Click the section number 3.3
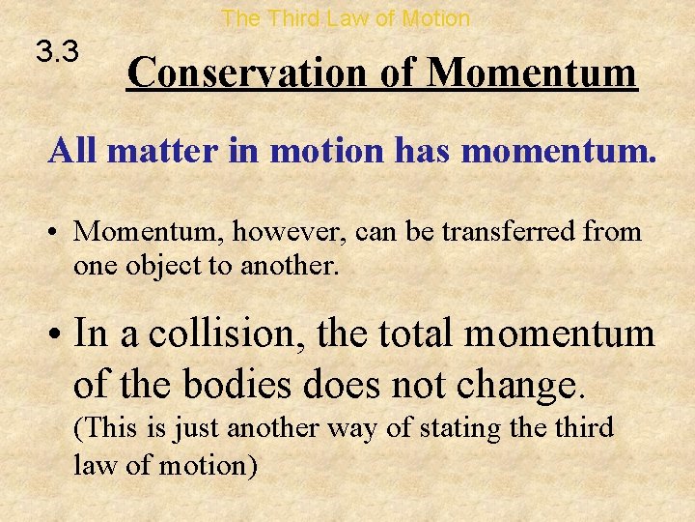(x=57, y=50)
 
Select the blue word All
(x=74, y=150)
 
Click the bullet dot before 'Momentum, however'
(x=58, y=233)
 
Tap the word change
(x=527, y=384)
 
